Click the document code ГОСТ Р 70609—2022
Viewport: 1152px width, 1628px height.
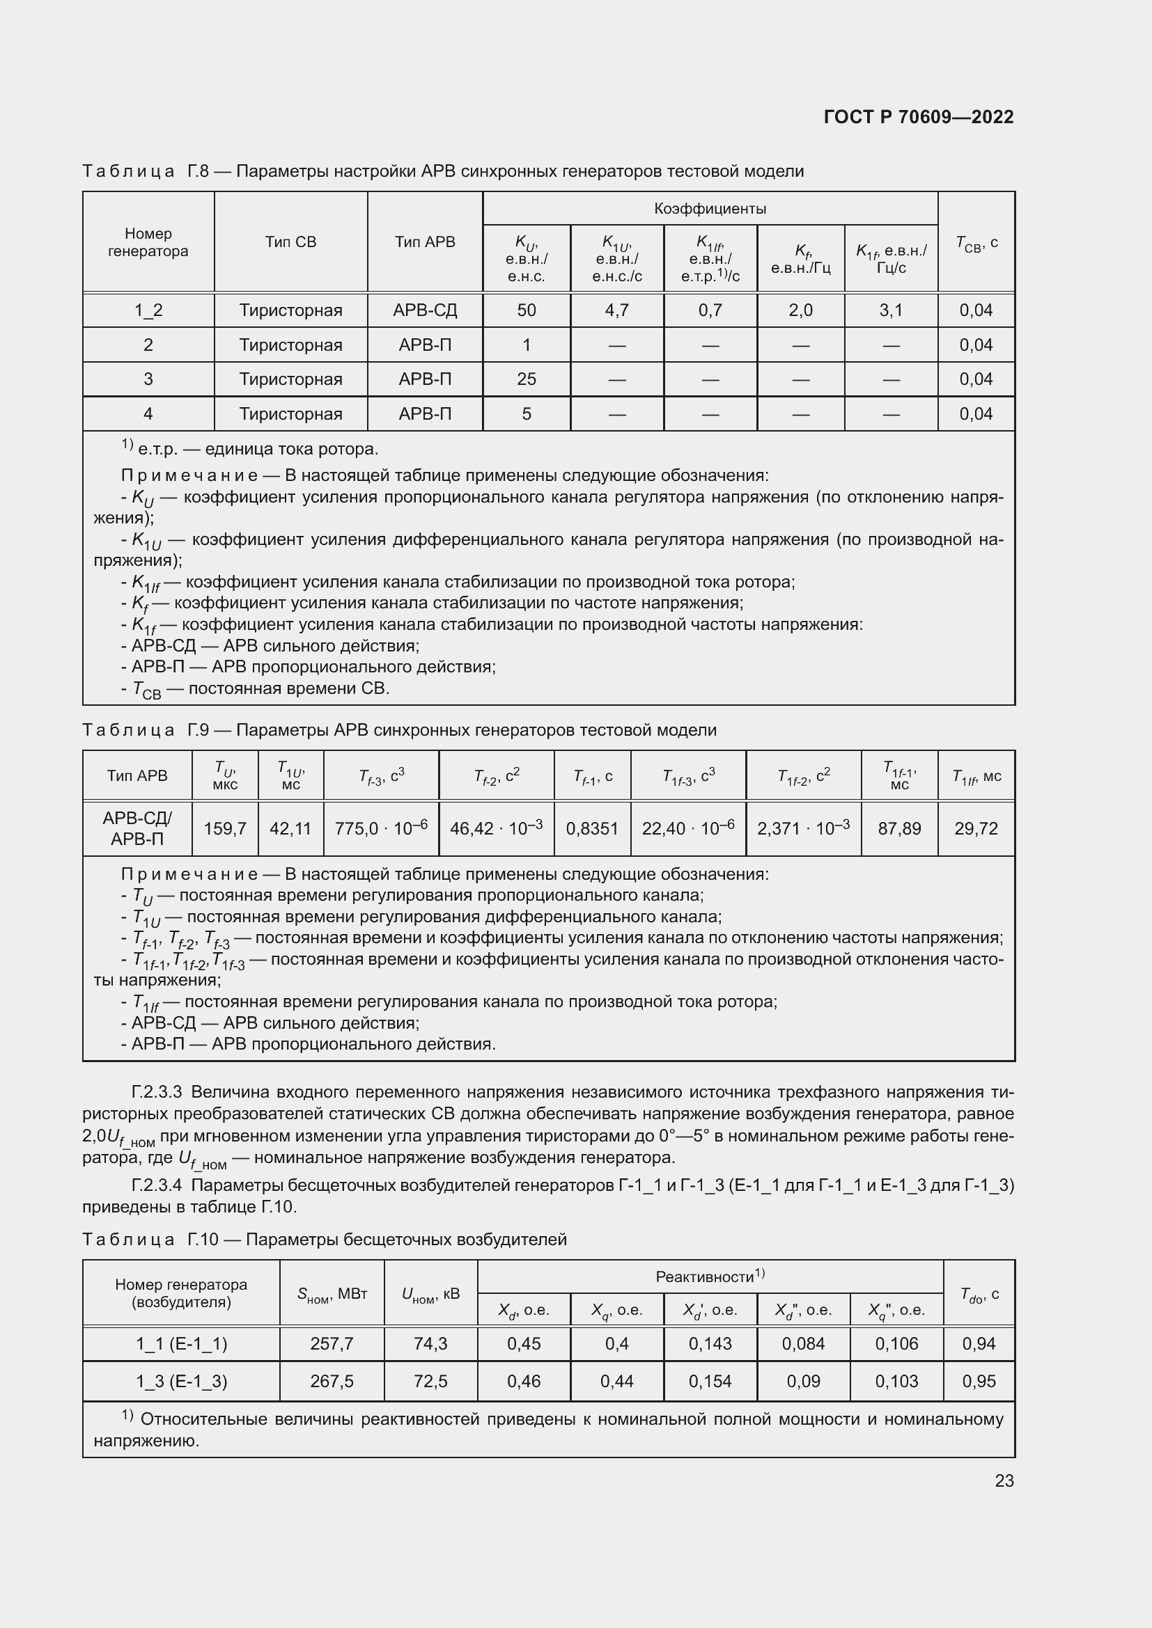[919, 117]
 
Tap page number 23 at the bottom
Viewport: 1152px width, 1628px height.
[1004, 1480]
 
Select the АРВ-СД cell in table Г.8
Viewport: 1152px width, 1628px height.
[425, 310]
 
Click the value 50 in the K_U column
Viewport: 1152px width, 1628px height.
[527, 310]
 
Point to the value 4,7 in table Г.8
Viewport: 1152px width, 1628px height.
[616, 310]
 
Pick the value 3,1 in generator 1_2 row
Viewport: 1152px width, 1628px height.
[891, 310]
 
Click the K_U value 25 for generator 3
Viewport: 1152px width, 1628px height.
[527, 379]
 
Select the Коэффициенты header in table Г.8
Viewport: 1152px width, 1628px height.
[709, 209]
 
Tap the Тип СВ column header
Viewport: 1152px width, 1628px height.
[290, 242]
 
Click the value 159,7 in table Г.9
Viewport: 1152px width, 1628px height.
[225, 828]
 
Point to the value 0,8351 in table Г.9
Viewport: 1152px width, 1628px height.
[591, 828]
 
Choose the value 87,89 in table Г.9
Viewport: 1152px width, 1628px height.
[898, 828]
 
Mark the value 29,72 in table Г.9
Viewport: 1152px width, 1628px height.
[976, 828]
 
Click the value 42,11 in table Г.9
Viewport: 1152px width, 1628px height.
[290, 828]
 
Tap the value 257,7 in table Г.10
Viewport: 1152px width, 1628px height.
[332, 1343]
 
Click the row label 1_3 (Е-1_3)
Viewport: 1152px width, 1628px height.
[182, 1381]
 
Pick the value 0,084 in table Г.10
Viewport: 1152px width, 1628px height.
[803, 1343]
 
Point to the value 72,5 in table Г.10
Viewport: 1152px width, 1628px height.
[430, 1381]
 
